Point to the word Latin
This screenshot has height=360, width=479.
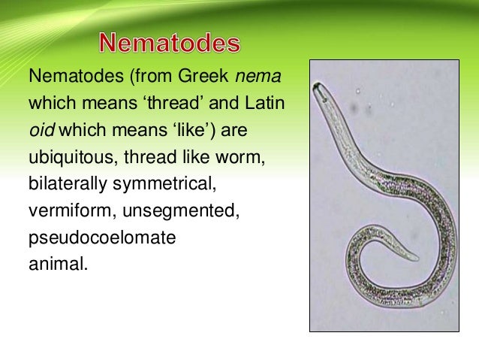264,104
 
